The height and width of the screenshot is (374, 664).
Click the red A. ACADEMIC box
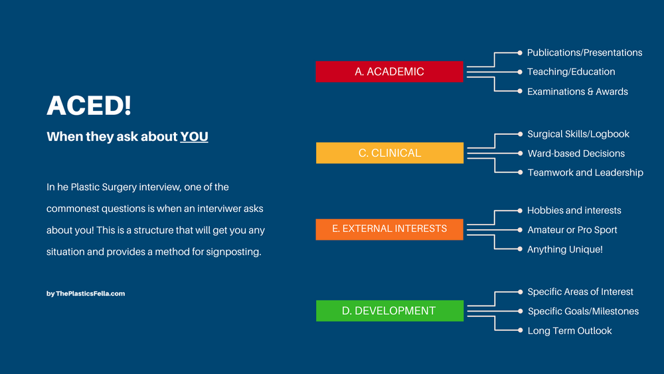(389, 72)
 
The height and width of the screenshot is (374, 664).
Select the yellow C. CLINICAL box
(389, 153)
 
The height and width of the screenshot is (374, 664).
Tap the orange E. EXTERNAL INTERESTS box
(389, 229)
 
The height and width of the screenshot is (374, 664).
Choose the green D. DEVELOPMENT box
(389, 311)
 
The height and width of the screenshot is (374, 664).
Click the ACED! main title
(89, 106)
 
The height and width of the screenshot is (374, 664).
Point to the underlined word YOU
(194, 137)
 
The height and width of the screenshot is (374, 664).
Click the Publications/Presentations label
(584, 52)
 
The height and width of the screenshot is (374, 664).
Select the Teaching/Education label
(571, 72)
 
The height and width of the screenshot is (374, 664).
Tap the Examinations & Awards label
(577, 92)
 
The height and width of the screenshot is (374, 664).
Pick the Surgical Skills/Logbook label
(578, 134)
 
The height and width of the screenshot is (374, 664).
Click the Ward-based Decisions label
(576, 153)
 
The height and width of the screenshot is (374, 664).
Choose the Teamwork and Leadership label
(585, 173)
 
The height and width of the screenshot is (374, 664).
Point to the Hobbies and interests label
(574, 211)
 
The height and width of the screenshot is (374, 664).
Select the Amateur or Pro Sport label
(572, 230)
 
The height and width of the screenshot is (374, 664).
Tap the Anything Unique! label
(564, 250)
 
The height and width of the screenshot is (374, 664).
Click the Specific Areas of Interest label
(580, 292)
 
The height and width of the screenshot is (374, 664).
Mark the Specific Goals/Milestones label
(583, 312)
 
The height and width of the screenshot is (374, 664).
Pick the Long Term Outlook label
(569, 331)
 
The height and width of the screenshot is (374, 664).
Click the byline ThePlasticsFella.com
(86, 294)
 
